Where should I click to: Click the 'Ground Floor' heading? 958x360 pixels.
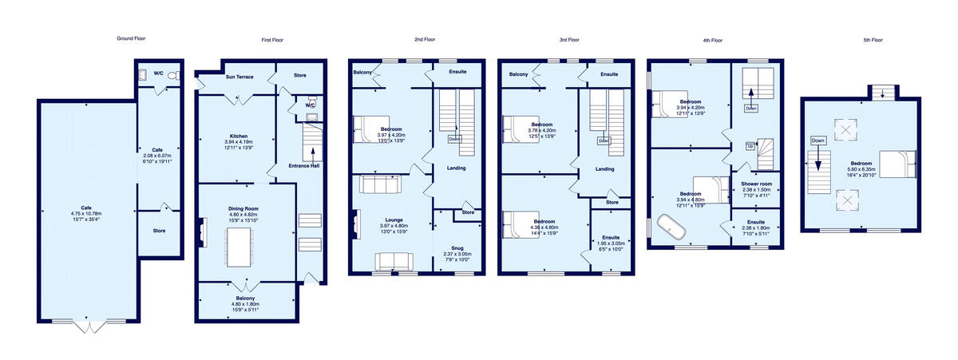131,38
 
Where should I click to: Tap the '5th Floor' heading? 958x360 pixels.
872,40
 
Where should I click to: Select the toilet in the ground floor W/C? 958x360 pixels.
175,76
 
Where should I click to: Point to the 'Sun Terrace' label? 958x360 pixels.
239,77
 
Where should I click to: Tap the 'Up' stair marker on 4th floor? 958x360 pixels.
750,147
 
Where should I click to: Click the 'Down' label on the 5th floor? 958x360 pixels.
817,140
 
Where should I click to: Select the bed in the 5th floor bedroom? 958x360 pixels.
897,164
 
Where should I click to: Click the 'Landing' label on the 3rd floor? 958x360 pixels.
604,168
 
